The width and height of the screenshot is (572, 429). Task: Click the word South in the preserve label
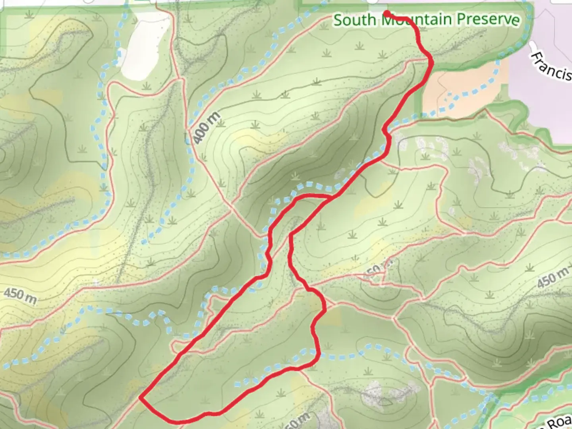(354, 20)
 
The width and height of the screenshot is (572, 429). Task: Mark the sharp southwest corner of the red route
(140, 396)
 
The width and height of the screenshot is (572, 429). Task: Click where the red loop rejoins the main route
(332, 197)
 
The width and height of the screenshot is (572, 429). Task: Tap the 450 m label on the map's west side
(20, 296)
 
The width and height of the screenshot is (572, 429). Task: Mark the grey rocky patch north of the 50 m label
(381, 391)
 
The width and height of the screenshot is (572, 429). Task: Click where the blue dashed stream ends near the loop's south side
(237, 385)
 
